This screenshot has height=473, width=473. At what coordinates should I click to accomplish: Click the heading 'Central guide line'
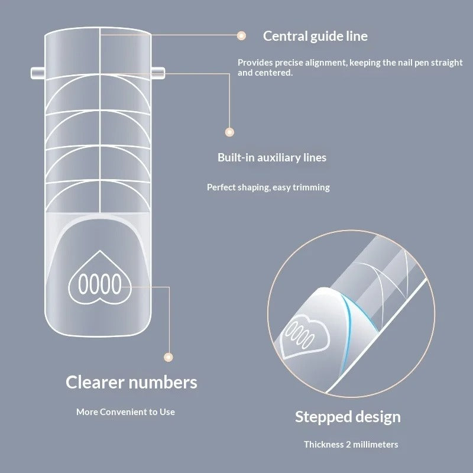315,36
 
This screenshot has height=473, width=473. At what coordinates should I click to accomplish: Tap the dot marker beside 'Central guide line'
241,36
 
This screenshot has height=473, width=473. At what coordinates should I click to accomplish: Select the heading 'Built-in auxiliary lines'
272,157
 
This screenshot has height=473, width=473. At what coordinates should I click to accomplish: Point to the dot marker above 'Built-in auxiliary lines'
229,132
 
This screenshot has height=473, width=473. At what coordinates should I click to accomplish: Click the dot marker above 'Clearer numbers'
169,357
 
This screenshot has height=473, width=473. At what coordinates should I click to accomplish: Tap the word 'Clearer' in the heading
95,382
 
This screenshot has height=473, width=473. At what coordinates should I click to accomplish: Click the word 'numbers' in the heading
163,382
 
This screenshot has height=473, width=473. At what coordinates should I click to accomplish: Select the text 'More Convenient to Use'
125,412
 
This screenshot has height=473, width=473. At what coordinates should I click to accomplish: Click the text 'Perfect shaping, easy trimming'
268,187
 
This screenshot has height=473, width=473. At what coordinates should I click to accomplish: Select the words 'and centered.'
265,73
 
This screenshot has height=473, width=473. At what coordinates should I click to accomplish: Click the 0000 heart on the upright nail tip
100,277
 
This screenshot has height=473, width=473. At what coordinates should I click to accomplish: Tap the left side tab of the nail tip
38,73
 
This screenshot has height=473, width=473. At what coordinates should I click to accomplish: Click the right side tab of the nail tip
158,73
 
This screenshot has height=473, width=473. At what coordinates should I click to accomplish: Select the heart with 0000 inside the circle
304,336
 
